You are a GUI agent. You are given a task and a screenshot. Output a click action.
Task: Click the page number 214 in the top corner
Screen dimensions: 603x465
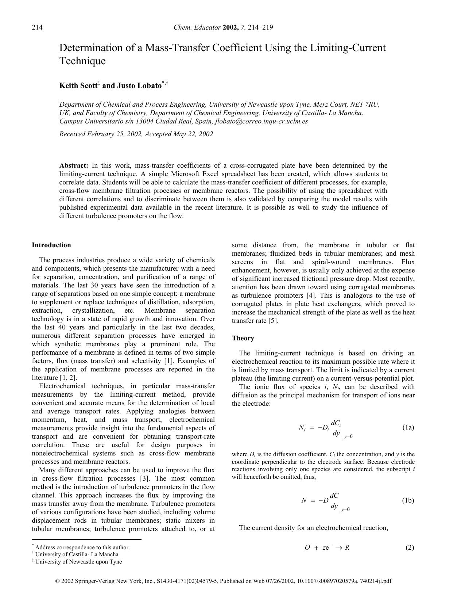click(x=37, y=27)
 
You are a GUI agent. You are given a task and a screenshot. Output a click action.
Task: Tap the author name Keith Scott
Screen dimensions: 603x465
click(x=78, y=86)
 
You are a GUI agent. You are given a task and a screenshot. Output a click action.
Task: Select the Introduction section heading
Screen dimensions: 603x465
click(x=51, y=245)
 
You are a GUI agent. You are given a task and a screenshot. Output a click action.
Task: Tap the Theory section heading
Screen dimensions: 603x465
click(x=243, y=338)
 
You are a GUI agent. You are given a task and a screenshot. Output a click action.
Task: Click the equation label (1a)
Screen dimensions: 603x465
click(x=408, y=427)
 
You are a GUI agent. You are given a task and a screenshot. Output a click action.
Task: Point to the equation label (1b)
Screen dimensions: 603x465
click(x=408, y=500)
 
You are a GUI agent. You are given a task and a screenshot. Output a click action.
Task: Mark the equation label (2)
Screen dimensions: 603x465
click(x=410, y=547)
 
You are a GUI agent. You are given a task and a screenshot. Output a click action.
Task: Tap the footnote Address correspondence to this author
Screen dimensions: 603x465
click(x=82, y=547)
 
